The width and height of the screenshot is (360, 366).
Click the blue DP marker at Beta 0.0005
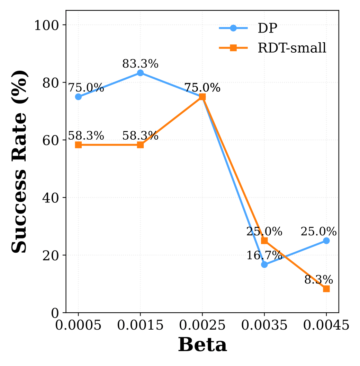point(78,97)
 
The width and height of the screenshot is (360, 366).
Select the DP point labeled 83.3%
point(140,73)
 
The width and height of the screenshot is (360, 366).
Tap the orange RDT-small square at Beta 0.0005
point(78,145)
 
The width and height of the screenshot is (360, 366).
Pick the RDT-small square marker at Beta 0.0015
point(140,145)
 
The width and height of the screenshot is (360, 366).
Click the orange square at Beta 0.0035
point(264,241)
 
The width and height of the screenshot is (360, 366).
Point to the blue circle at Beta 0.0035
point(264,264)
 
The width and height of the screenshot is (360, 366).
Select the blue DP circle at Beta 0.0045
point(326,241)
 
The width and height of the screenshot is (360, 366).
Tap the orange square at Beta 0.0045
point(326,289)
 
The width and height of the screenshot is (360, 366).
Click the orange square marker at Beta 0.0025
point(202,97)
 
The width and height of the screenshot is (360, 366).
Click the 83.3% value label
point(140,64)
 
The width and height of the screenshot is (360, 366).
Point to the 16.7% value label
point(264,256)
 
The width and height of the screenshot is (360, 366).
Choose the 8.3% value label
point(318,280)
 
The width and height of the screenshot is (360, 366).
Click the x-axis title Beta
point(202,345)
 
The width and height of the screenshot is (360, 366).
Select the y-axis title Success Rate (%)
point(19,162)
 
